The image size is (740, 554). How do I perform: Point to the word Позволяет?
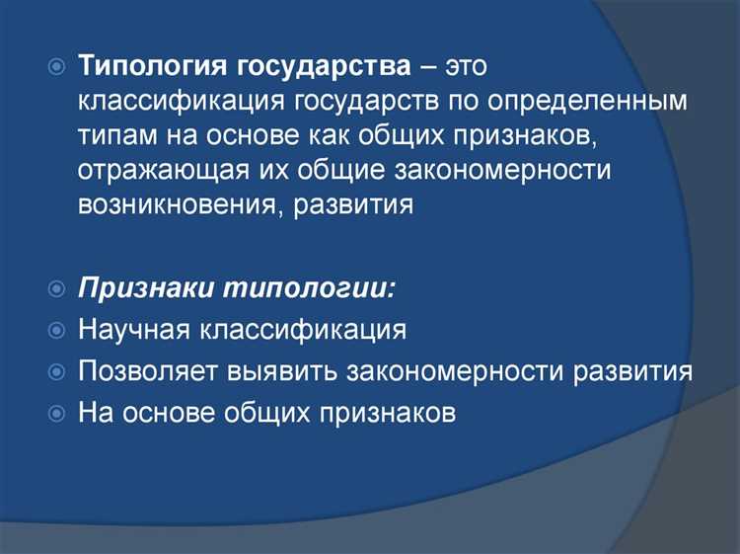point(150,371)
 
